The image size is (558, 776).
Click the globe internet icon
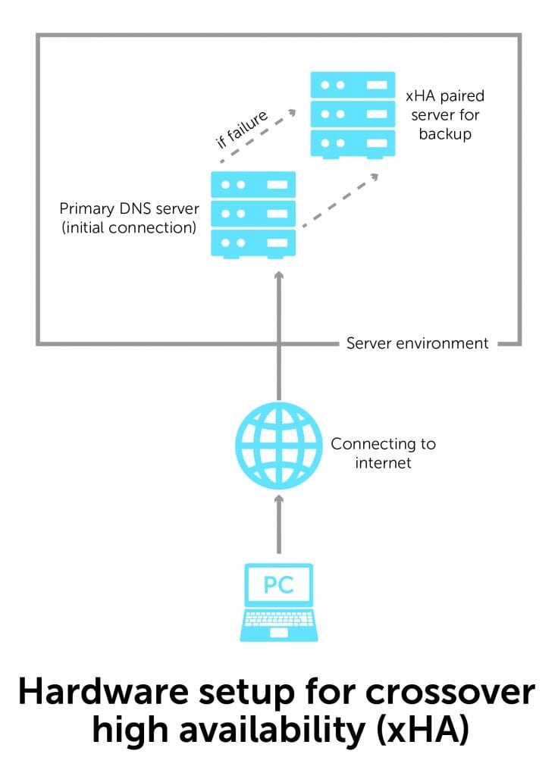pos(278,446)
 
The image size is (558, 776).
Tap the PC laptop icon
pos(278,602)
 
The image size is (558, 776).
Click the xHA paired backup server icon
pos(353,114)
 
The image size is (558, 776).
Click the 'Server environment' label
pos(417,343)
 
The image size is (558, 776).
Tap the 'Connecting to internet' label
pos(383,453)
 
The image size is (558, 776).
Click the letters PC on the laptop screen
pos(278,585)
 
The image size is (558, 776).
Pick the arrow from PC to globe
pos(278,523)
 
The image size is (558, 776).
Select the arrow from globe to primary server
pos(278,333)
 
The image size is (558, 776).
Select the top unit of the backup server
pos(353,86)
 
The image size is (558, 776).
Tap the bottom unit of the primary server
pos(252,242)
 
